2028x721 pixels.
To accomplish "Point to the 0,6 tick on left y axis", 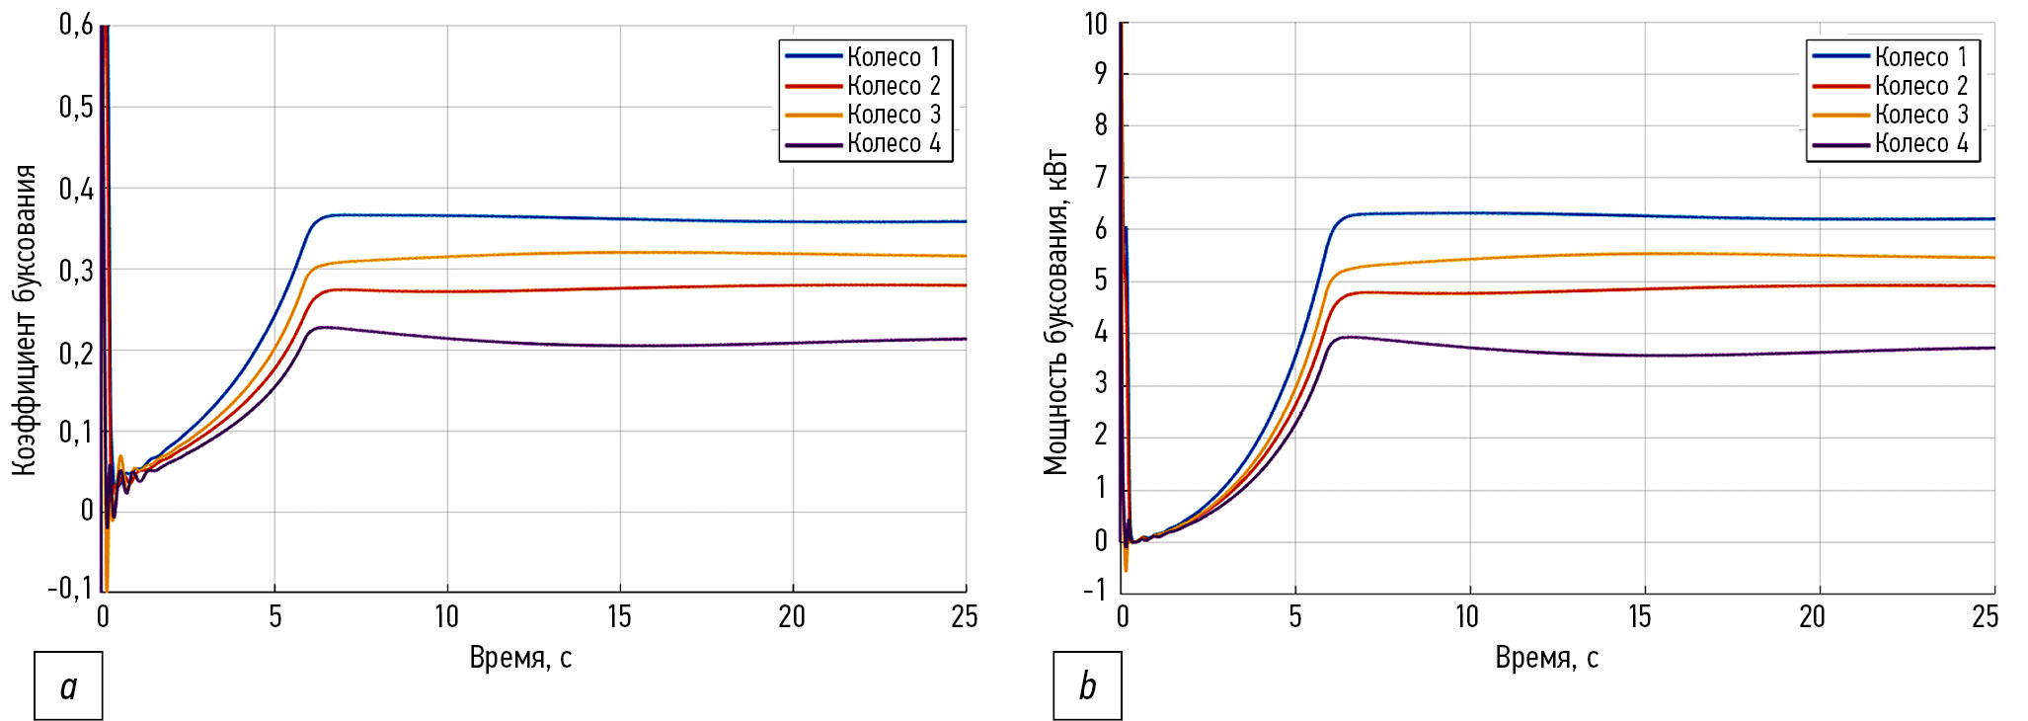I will (76, 25).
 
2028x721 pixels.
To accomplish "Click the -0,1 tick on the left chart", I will (70, 590).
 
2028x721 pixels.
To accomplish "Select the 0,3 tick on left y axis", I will (76, 271).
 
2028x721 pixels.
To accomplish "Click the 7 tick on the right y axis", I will (1100, 178).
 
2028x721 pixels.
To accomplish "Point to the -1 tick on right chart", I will (1095, 591).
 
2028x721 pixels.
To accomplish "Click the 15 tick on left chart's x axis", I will (619, 617).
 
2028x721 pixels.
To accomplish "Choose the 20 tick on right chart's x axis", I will (1812, 617).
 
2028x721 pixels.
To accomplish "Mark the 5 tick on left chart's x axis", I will (275, 617).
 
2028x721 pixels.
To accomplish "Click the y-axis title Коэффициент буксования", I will (25, 320).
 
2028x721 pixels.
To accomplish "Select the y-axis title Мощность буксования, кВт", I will (1055, 312).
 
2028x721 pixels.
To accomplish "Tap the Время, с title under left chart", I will (520, 658).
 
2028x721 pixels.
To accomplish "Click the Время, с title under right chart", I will (1546, 658).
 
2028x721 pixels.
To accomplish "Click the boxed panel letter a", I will (68, 685).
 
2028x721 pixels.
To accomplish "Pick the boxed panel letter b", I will (1087, 685).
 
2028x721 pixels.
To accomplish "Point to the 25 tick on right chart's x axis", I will (1985, 617).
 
